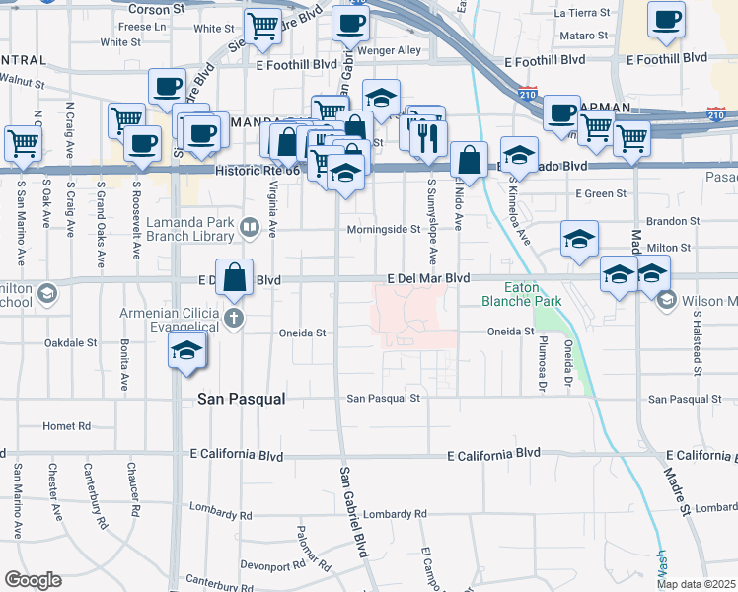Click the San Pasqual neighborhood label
tap(242, 399)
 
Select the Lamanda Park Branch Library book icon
tap(250, 230)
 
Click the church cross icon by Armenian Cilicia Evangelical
tap(233, 318)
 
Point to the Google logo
tap(34, 579)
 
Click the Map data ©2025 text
tap(696, 584)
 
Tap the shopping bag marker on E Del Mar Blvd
tap(235, 277)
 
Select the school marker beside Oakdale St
tap(185, 351)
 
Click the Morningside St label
tap(384, 230)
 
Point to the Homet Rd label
tap(67, 426)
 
